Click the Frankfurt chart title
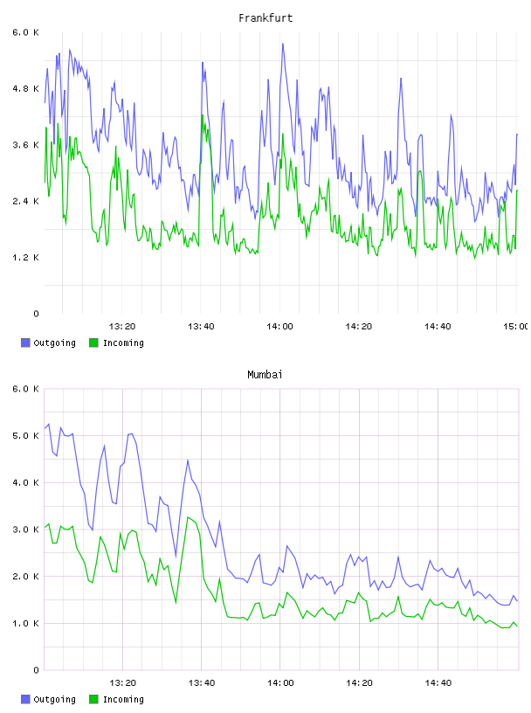[x=265, y=18]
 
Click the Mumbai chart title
[x=265, y=375]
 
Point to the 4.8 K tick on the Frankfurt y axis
[x=25, y=88]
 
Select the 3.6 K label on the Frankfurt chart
[x=25, y=145]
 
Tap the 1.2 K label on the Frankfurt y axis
[x=25, y=258]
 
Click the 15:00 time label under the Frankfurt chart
[x=515, y=327]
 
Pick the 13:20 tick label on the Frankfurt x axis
[x=122, y=327]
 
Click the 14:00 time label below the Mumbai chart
[x=280, y=683]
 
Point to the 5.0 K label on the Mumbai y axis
[x=25, y=436]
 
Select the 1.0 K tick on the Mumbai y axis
[x=25, y=623]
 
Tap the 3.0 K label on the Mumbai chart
[x=25, y=530]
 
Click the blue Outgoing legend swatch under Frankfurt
[x=25, y=343]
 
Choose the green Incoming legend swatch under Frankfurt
[x=93, y=343]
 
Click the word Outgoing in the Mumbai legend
[x=54, y=699]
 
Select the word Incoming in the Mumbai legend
[x=123, y=699]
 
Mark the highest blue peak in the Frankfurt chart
[x=283, y=44]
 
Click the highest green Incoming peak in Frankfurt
[x=203, y=115]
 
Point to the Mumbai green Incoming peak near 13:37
[x=189, y=517]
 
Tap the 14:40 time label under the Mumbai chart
[x=438, y=683]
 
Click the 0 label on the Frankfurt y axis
[x=36, y=314]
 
